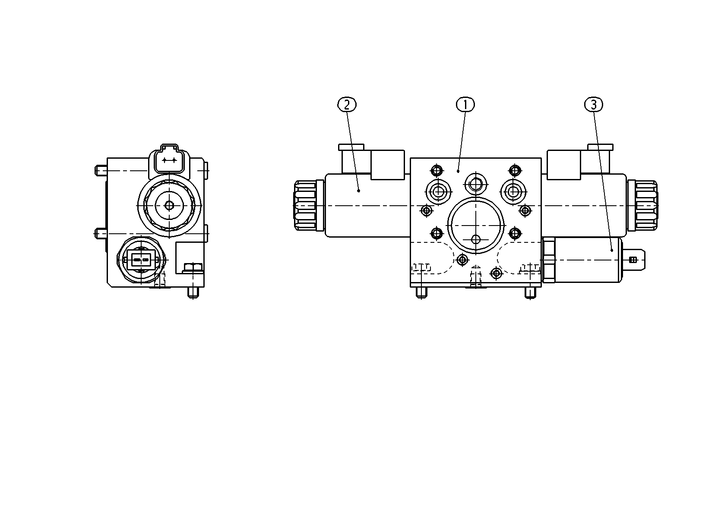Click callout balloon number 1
pyautogui.click(x=465, y=104)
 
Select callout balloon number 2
pyautogui.click(x=347, y=104)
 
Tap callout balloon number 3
pyautogui.click(x=594, y=104)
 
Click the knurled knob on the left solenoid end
pyautogui.click(x=305, y=205)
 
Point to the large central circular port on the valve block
pyautogui.click(x=476, y=226)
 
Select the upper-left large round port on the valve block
pyautogui.click(x=439, y=191)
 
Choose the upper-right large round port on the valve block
pyautogui.click(x=513, y=191)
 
